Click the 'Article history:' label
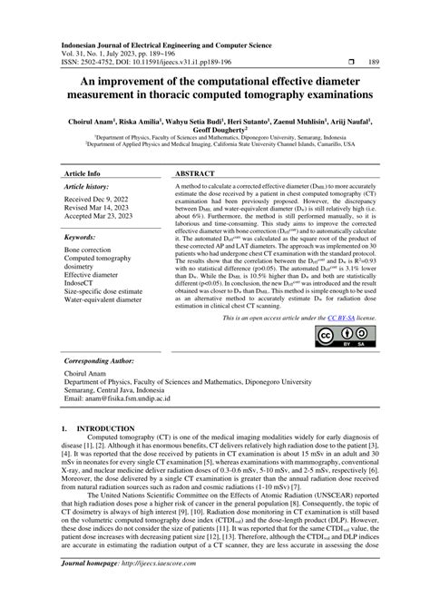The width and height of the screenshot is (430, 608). coord(87,186)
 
